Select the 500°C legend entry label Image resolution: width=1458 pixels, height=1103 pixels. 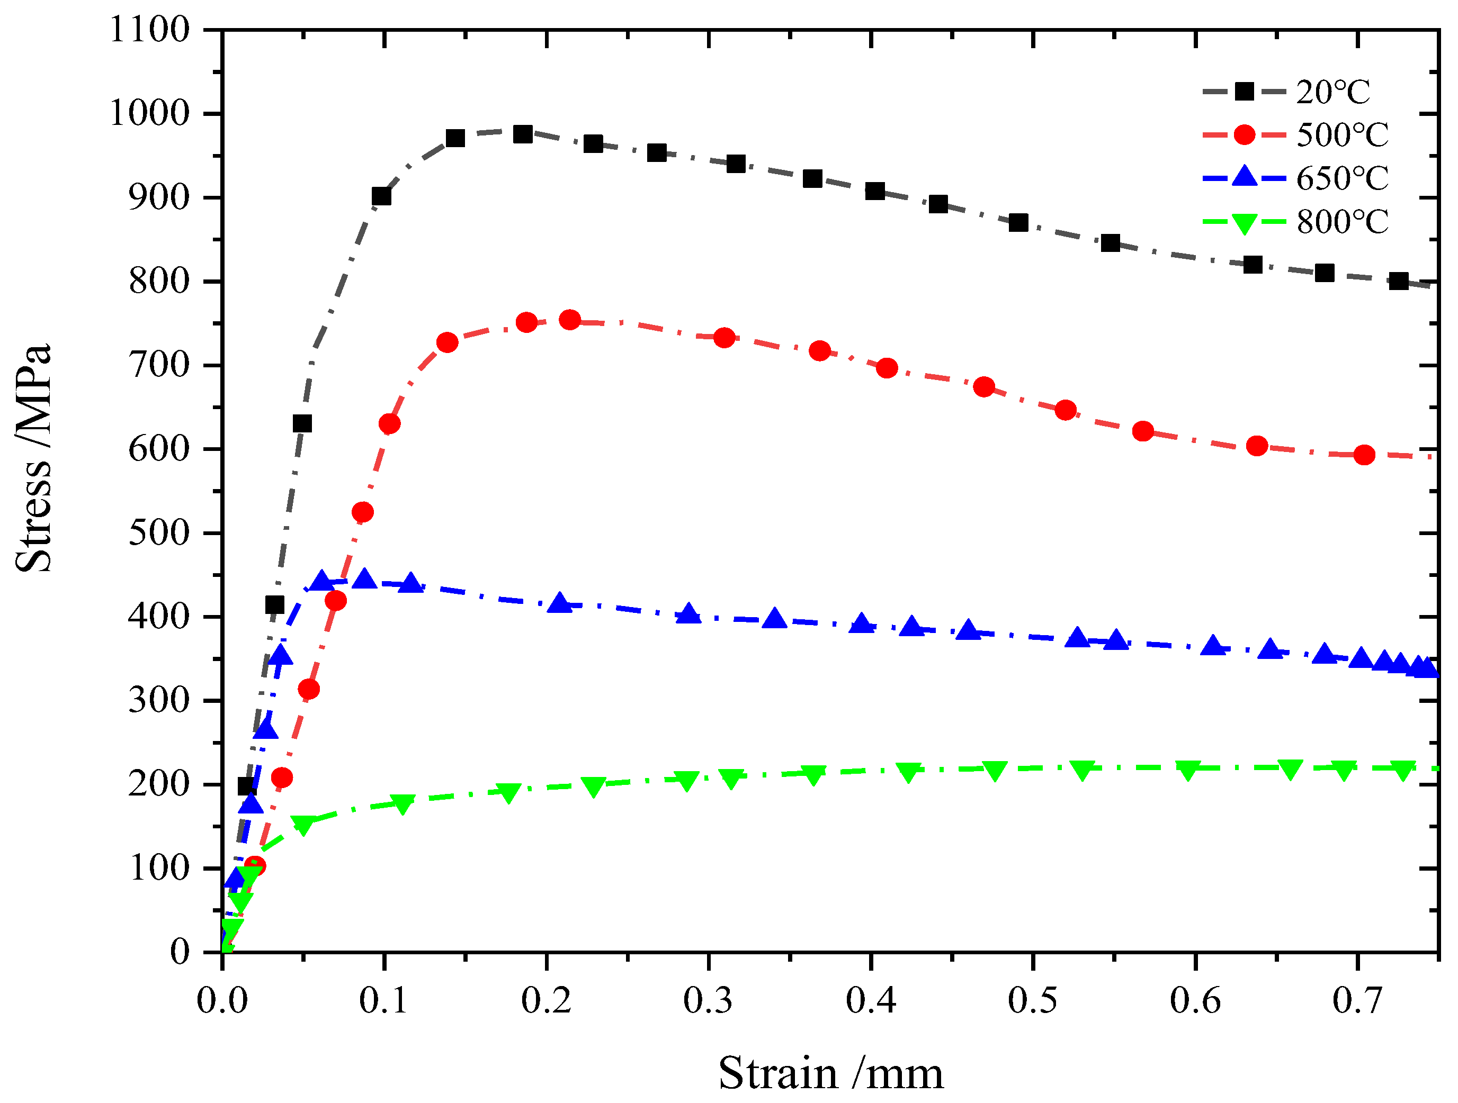coord(1341,135)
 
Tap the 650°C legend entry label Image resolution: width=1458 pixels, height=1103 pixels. coord(1341,178)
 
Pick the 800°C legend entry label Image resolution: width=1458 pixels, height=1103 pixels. coord(1341,222)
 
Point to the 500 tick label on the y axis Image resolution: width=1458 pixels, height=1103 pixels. coord(159,532)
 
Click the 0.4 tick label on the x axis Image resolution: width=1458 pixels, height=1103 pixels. coord(871,1001)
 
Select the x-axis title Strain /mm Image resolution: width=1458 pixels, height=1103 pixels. coord(830,1073)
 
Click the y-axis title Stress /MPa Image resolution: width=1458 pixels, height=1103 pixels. coord(33,458)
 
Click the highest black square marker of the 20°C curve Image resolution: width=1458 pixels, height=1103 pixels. coord(523,134)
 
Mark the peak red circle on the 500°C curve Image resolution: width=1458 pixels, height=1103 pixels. coord(569,320)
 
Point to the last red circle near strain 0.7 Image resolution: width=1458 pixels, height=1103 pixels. coord(1364,455)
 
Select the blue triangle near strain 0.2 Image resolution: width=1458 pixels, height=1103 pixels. coord(560,603)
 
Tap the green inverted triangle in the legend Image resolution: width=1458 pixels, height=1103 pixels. coord(1244,223)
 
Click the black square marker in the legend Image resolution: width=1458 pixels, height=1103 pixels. coord(1244,92)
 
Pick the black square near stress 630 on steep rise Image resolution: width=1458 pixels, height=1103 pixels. coord(302,423)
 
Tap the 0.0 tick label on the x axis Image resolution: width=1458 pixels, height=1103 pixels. coord(222,1001)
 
